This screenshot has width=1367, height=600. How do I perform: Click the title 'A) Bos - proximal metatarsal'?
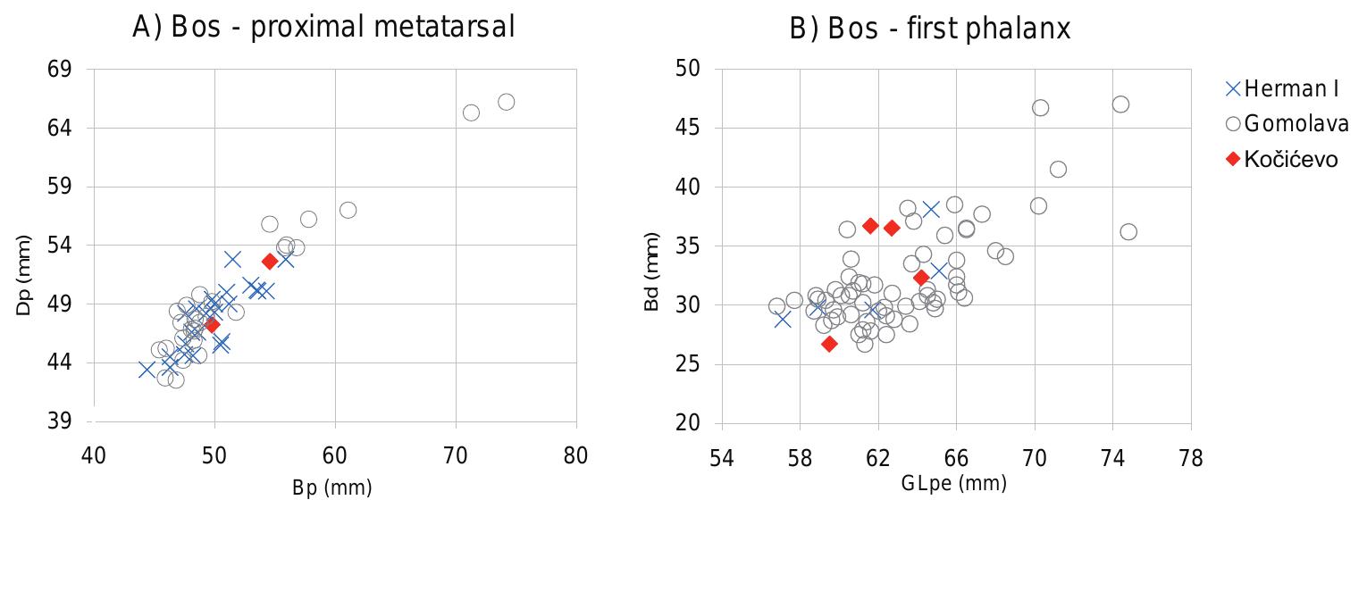[x=323, y=28]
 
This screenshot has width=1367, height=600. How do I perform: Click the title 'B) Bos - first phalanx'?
[x=930, y=29]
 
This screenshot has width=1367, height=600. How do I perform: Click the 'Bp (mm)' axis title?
[x=331, y=487]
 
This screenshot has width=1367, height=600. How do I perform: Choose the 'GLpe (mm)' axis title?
[x=953, y=483]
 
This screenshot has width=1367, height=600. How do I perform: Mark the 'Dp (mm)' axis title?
[x=24, y=274]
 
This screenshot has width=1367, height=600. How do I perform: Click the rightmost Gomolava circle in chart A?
[x=506, y=102]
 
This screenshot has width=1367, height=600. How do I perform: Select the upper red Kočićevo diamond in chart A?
[x=270, y=261]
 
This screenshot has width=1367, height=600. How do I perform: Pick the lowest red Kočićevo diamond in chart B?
[x=829, y=344]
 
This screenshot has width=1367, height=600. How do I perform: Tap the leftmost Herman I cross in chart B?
[x=783, y=319]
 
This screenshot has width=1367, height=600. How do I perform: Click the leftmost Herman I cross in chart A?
[x=147, y=369]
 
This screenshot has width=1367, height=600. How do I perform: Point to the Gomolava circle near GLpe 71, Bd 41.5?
[x=1058, y=170]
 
